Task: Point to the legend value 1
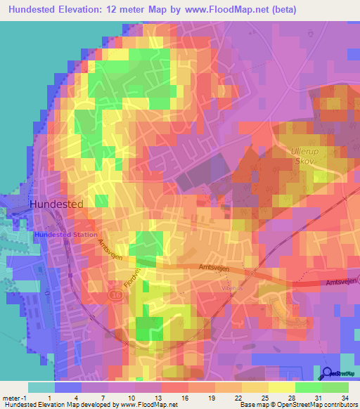tap(48, 398)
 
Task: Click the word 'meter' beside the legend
tap(11, 398)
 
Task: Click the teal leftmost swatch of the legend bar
tap(41, 387)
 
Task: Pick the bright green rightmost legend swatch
tap(336, 387)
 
